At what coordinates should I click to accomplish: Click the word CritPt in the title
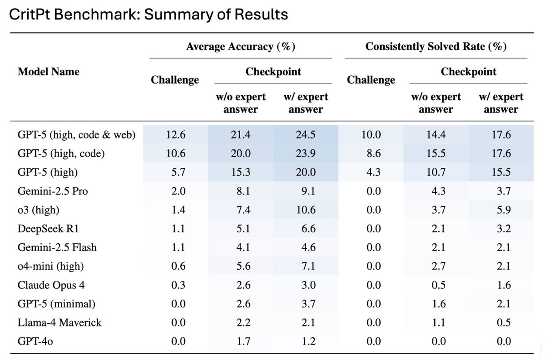click(28, 15)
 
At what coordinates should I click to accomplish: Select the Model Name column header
click(48, 71)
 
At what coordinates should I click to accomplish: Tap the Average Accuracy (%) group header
click(240, 47)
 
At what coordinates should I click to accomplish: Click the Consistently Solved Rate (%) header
click(436, 47)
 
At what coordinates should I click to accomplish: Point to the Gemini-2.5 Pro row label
click(53, 191)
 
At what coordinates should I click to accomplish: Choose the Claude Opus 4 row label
click(51, 285)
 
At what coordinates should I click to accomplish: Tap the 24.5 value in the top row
click(305, 135)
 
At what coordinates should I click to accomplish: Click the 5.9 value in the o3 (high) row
click(501, 210)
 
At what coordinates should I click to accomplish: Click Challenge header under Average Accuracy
click(175, 80)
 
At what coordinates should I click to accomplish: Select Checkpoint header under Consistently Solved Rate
click(468, 71)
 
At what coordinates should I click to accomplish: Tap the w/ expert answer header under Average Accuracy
click(305, 103)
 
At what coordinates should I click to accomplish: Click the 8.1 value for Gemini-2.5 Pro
click(240, 191)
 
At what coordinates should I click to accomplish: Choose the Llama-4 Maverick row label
click(59, 322)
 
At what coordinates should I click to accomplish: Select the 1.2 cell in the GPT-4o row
click(305, 341)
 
